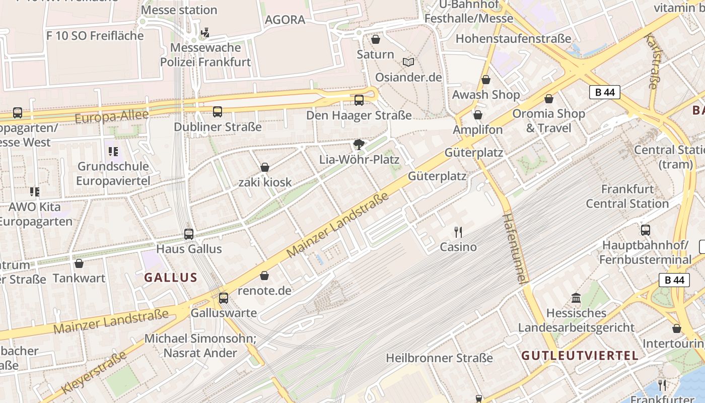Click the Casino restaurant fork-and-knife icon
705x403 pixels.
458,232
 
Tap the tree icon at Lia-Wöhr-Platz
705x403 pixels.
359,145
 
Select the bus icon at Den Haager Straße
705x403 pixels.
359,100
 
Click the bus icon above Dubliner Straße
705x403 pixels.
217,112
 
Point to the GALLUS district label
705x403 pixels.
170,278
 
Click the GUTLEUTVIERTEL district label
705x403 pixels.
580,356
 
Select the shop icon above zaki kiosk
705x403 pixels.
264,167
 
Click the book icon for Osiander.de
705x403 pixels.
408,62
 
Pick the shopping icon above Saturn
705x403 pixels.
375,39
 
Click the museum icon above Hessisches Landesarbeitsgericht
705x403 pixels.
576,298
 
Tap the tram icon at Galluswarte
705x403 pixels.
223,298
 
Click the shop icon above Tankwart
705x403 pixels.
79,263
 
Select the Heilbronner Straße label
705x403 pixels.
439,358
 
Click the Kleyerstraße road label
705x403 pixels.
94,373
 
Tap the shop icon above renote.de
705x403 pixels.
264,276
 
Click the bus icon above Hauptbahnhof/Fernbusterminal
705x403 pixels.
645,230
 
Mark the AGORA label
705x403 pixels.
285,20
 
